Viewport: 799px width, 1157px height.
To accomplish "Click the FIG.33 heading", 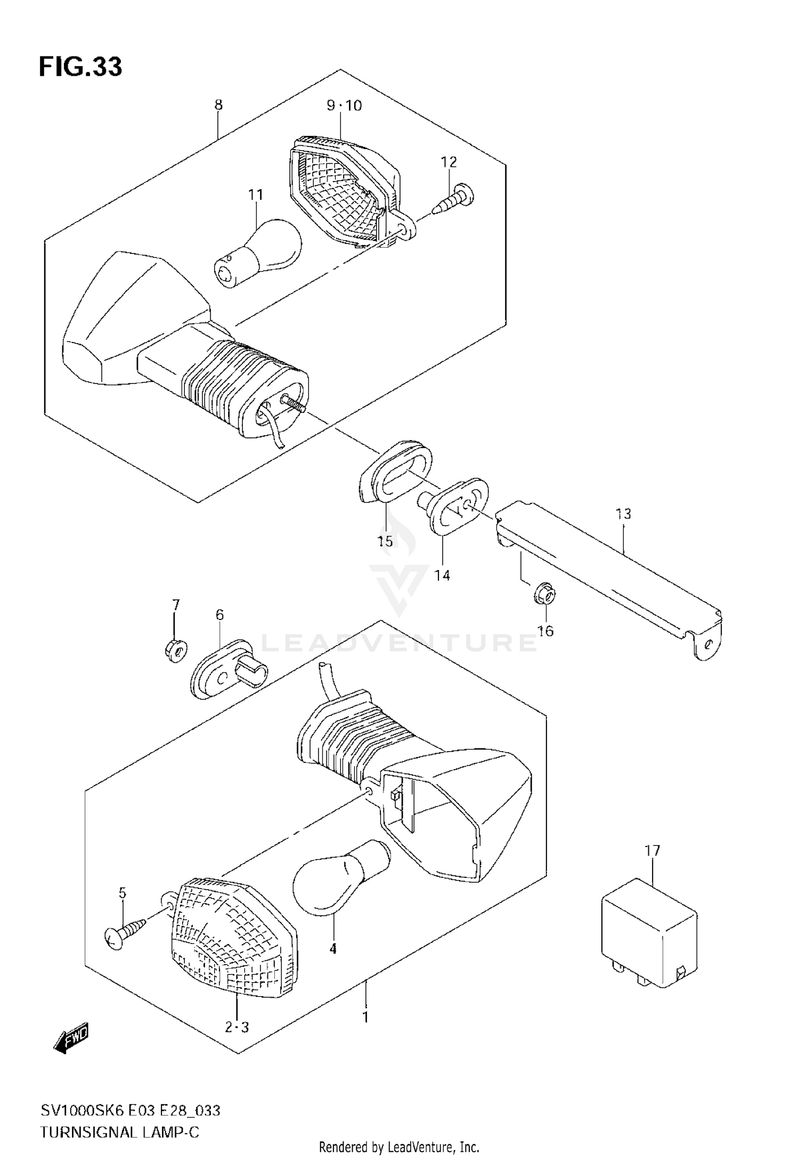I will (80, 68).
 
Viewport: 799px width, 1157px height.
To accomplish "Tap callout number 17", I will (653, 851).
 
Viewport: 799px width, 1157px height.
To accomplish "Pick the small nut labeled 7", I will (174, 650).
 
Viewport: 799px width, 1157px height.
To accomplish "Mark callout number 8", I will (218, 105).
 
